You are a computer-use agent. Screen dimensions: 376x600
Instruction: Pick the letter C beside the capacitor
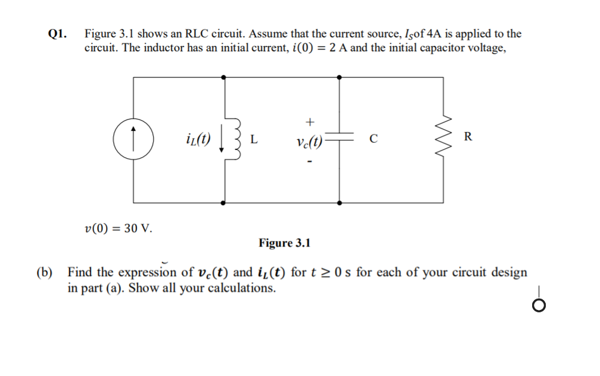(x=373, y=140)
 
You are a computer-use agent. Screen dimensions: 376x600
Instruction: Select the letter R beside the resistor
(x=467, y=137)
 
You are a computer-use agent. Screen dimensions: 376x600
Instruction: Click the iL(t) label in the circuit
(x=198, y=140)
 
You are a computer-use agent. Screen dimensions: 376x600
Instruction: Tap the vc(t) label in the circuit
(x=308, y=142)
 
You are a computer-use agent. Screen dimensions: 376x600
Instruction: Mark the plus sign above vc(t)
(x=309, y=122)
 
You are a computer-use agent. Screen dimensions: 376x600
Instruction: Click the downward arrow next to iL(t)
(x=222, y=143)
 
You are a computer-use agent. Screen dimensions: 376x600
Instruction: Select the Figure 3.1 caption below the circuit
(x=285, y=243)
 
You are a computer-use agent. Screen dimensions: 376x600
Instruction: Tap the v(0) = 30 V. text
(x=118, y=228)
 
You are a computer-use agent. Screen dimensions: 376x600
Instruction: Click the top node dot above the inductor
(x=223, y=77)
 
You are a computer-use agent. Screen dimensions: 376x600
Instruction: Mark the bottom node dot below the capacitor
(x=339, y=202)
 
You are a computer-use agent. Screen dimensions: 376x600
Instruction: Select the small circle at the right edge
(x=539, y=305)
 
